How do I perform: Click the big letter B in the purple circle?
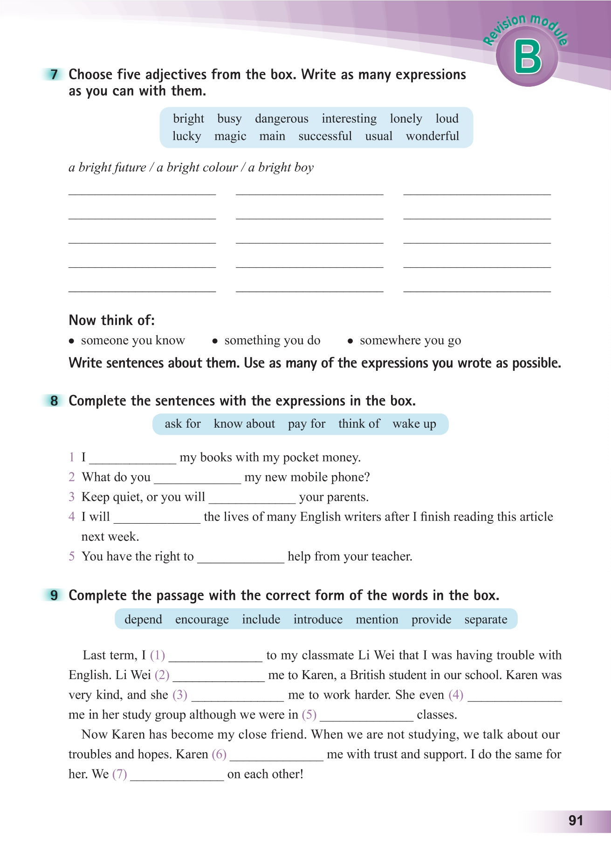tap(528, 57)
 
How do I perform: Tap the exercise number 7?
tap(55, 75)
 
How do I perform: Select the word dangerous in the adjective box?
tap(281, 119)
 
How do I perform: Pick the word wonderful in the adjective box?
tap(433, 136)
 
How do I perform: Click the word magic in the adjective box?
tap(230, 136)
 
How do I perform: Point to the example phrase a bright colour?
tap(198, 167)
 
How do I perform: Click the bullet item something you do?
tap(272, 340)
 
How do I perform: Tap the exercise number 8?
tap(55, 401)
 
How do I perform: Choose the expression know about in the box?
tap(244, 424)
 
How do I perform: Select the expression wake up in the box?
tap(414, 424)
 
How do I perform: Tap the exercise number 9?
tap(55, 596)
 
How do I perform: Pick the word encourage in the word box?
tap(202, 619)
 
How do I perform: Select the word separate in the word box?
tap(486, 619)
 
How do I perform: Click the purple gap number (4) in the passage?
tap(456, 695)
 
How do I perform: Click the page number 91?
tap(576, 821)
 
